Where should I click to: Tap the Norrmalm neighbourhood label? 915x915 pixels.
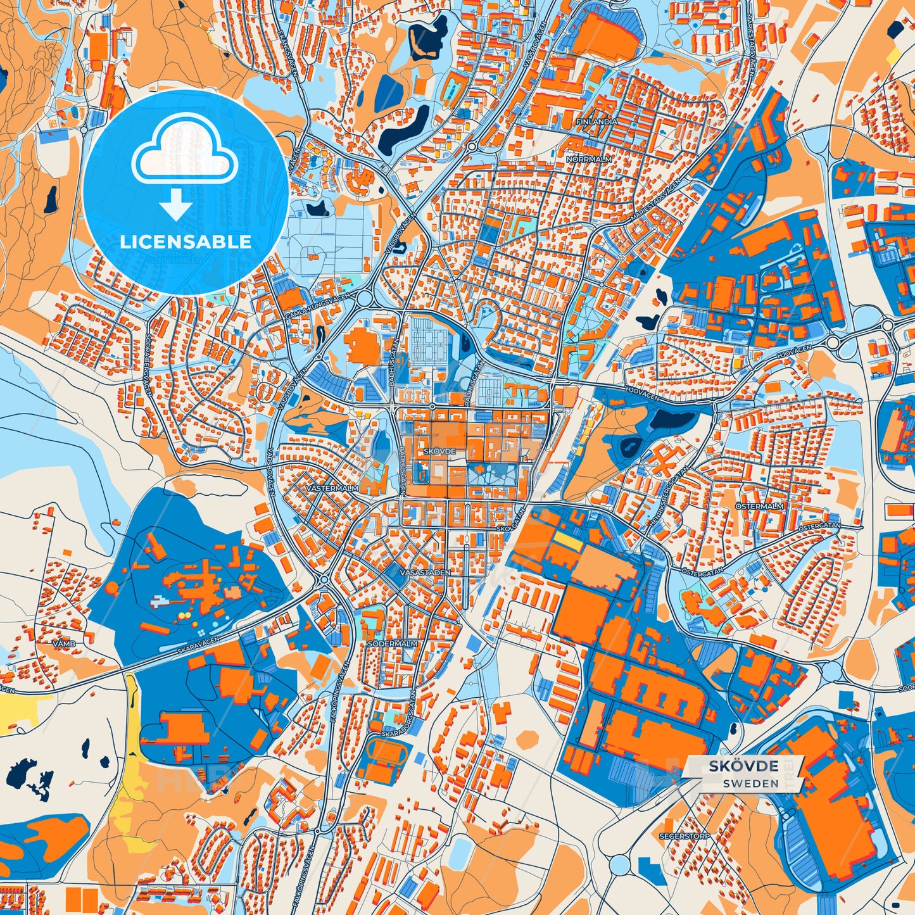coord(590,159)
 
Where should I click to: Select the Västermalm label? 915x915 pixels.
coord(331,489)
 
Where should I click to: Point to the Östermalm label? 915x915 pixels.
coord(760,507)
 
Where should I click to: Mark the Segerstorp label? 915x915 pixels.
coord(685,836)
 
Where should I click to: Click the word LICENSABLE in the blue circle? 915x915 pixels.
coord(185,242)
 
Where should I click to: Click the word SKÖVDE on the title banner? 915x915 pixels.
coord(743,766)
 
